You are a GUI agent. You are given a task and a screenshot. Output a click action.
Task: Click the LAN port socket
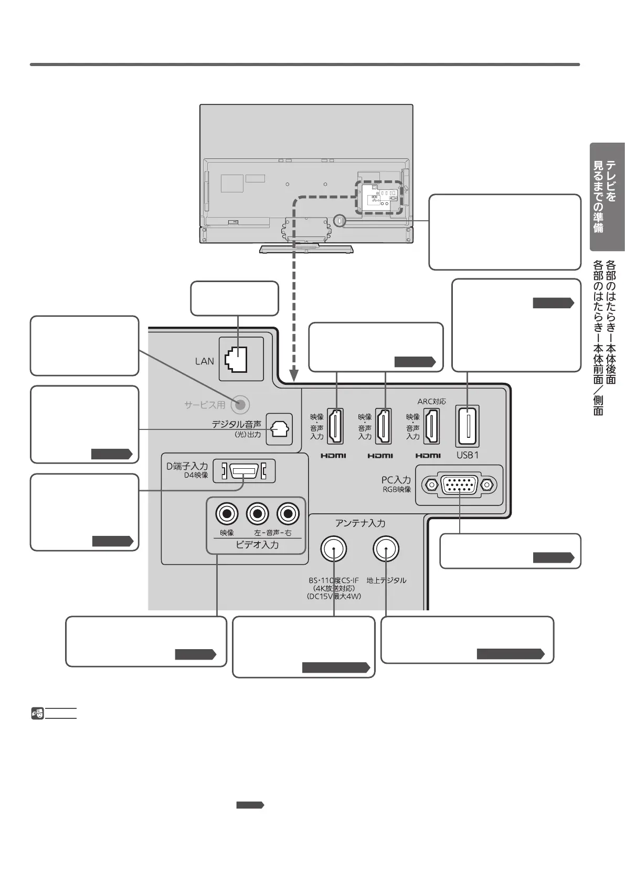coord(236,360)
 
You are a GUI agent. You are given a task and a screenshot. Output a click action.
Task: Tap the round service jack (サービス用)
coord(240,404)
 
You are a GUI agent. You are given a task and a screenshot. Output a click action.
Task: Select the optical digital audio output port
coord(279,429)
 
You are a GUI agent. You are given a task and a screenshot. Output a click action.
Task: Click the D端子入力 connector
coord(244,471)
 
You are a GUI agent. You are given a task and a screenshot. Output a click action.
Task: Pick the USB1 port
coord(468,426)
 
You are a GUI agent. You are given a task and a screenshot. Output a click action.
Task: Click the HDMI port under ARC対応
coord(431,426)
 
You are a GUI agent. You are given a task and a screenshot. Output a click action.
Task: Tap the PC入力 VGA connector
coord(459,485)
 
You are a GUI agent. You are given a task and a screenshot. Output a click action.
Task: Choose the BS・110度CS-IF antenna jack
coord(334,549)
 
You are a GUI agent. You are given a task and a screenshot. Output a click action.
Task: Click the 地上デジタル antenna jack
coord(386,549)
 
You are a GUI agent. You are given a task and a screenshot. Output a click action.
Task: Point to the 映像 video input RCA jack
coord(227,514)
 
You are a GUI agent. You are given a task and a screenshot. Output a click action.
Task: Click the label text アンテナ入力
coord(360,523)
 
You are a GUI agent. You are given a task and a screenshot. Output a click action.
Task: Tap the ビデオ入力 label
coord(257,545)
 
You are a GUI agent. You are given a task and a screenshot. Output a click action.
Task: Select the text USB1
coord(468,455)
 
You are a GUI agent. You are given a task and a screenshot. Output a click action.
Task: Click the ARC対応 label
coord(431,402)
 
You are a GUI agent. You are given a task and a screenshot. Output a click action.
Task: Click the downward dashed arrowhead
coord(294,375)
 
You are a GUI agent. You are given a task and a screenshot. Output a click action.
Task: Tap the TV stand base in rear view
coord(306,249)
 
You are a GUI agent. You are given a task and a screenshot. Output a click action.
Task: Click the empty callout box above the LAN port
coord(234,298)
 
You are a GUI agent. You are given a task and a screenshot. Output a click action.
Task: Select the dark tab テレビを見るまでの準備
coord(607,197)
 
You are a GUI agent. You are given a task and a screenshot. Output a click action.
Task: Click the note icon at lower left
coord(37,713)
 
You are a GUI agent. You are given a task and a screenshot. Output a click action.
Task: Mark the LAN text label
coord(204,361)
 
